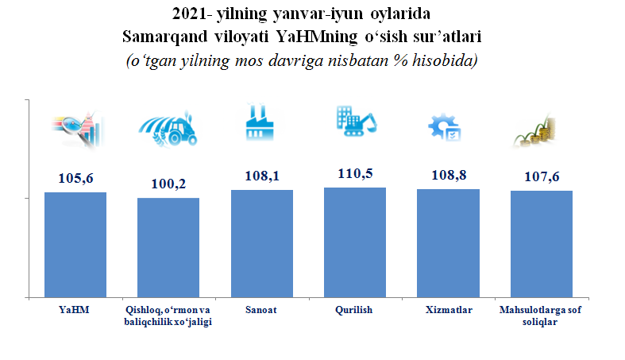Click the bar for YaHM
tap(75, 245)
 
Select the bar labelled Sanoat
tap(262, 243)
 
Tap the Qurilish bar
tap(356, 242)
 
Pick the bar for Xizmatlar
tap(449, 243)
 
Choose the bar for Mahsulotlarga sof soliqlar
tap(542, 244)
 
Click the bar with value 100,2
tap(168, 247)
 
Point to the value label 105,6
tap(76, 179)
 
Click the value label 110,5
tap(357, 173)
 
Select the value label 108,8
tap(449, 175)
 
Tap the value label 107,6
tap(542, 176)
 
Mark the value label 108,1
tap(263, 176)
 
